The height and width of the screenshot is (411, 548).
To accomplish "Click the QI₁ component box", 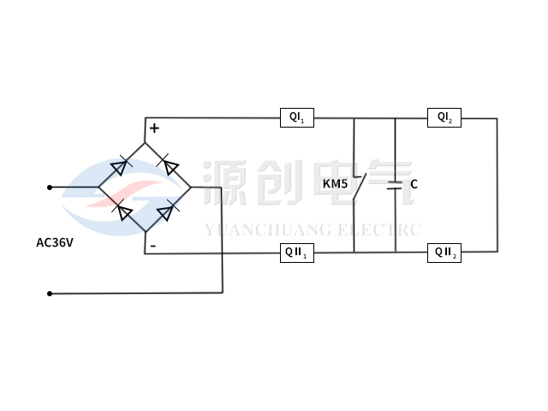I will tap(298, 117).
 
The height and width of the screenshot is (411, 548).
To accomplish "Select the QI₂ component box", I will tap(444, 117).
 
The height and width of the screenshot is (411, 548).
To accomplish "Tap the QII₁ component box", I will tap(298, 253).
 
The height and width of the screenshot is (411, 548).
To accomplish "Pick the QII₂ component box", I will tap(444, 252).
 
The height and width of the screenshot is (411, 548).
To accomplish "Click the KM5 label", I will tap(335, 184).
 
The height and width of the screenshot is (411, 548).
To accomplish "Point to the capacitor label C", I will tap(414, 184).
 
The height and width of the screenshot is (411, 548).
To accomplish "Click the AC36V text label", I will tap(54, 242).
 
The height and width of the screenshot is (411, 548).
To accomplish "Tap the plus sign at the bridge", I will tap(154, 128).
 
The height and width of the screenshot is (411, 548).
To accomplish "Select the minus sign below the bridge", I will tap(152, 246).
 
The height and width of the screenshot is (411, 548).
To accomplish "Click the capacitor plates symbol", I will tap(395, 185).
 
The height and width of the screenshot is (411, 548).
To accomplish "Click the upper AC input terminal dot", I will tap(50, 187).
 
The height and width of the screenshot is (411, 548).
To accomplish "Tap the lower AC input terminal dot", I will tap(50, 294).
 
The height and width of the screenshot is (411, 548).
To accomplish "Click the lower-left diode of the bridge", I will tap(122, 210).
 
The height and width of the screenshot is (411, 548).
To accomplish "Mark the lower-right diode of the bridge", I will tap(169, 210).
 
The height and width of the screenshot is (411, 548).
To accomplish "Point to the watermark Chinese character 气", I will tap(390, 183).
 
